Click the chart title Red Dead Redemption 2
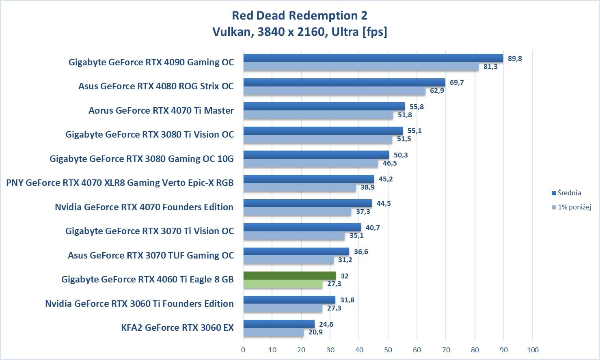(300, 15)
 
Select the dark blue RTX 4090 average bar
(373, 58)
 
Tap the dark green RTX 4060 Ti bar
(289, 276)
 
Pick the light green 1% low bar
(283, 284)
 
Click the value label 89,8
(514, 58)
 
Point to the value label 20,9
(315, 332)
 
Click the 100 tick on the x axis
(533, 350)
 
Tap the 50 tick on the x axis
(388, 350)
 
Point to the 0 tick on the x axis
(243, 350)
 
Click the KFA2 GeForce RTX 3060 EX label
(177, 328)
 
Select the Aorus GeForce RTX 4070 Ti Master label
(161, 110)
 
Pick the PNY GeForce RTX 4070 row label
(120, 183)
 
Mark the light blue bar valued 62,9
(334, 91)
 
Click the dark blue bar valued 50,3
(316, 155)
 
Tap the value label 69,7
(457, 82)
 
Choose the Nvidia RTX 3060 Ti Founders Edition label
(139, 304)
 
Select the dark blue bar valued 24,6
(279, 324)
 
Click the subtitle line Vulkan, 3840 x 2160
(300, 32)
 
